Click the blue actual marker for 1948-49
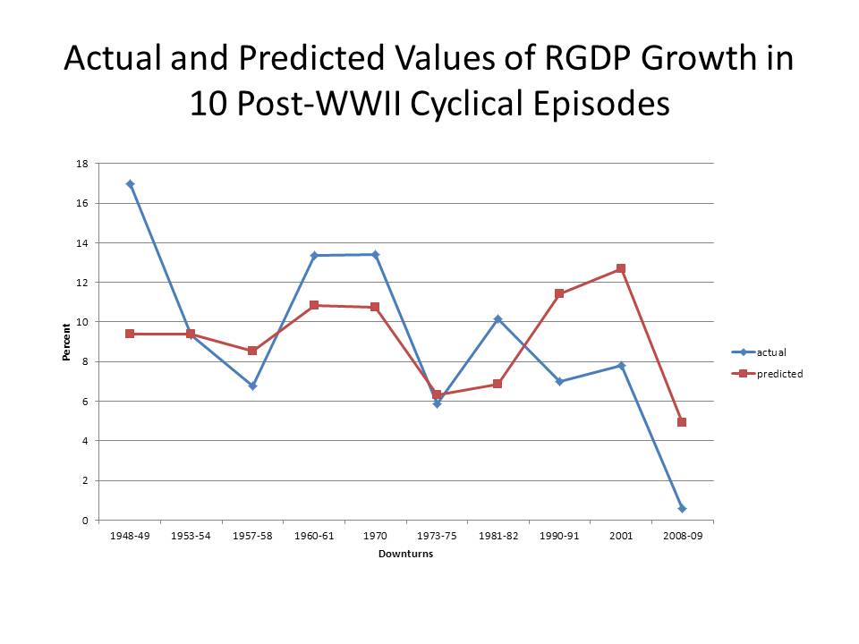(130, 184)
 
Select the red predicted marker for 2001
(620, 268)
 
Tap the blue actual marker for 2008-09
(682, 508)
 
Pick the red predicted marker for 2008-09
(682, 422)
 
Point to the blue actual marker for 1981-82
(498, 319)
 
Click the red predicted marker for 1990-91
(559, 293)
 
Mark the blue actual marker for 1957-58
(252, 386)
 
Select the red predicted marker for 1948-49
(130, 334)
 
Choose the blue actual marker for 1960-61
(314, 256)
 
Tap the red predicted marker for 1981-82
(498, 384)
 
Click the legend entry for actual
(770, 352)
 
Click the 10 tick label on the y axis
(81, 322)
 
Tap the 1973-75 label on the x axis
(437, 535)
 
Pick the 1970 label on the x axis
(375, 535)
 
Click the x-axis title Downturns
(405, 554)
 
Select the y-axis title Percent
(65, 342)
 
